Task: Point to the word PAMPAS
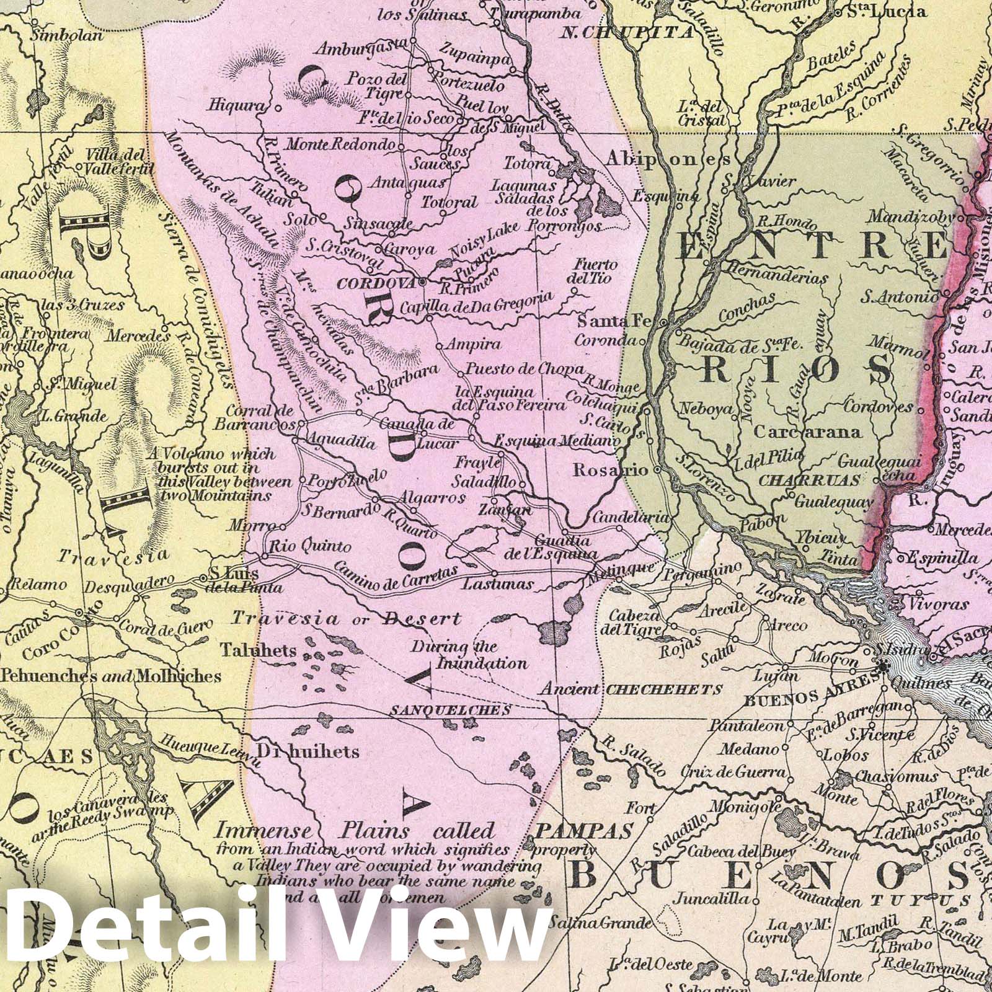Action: tap(584, 830)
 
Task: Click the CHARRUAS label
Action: tap(810, 480)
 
